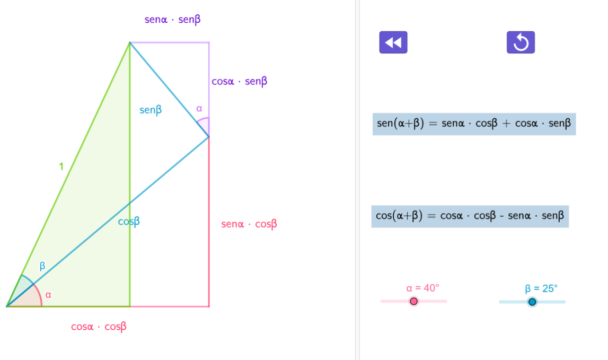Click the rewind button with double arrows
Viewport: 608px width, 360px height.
pyautogui.click(x=393, y=42)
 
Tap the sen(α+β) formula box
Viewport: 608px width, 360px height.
pyautogui.click(x=474, y=124)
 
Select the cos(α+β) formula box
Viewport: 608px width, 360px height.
pyautogui.click(x=470, y=216)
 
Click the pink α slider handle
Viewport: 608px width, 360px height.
pyautogui.click(x=414, y=302)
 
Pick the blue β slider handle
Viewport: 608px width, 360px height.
pyautogui.click(x=532, y=302)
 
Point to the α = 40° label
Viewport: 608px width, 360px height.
pyautogui.click(x=422, y=288)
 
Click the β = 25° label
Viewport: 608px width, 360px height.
pyautogui.click(x=541, y=289)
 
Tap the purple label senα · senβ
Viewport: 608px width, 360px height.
pyautogui.click(x=173, y=20)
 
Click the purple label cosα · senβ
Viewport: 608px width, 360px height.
pyautogui.click(x=239, y=82)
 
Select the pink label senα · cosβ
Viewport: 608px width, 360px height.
pyautogui.click(x=249, y=224)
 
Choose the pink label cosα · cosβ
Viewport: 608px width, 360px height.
pyautogui.click(x=99, y=327)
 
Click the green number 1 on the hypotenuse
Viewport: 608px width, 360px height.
pyautogui.click(x=61, y=166)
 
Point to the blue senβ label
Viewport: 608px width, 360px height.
pyautogui.click(x=151, y=110)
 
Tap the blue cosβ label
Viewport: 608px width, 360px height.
pyautogui.click(x=129, y=222)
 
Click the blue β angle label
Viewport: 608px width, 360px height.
pyautogui.click(x=42, y=266)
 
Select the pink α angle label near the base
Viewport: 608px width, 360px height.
pyautogui.click(x=48, y=295)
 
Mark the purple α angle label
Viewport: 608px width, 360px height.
pyautogui.click(x=199, y=109)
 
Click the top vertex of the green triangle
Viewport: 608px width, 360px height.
pyautogui.click(x=130, y=42)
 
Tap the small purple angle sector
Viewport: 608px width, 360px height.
pyautogui.click(x=205, y=125)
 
